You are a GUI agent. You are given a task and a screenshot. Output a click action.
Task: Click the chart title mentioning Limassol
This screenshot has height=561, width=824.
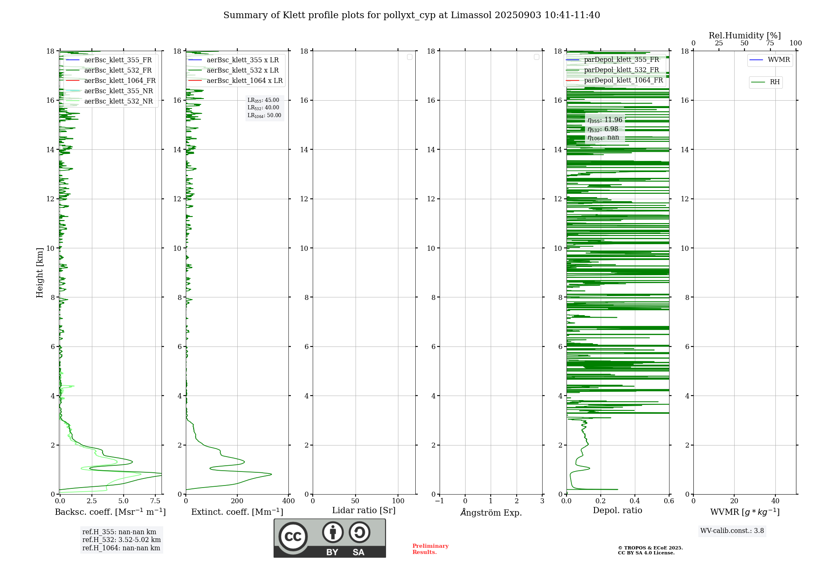[412, 15]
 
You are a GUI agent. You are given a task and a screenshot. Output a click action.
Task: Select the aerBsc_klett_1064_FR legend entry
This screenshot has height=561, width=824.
[119, 80]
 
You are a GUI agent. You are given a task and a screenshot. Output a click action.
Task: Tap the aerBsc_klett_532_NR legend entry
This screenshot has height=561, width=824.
[118, 101]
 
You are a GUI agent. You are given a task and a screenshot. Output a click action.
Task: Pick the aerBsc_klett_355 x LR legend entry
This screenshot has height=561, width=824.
[242, 60]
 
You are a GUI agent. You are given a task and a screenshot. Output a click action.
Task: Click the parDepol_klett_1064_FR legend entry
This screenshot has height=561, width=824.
[623, 80]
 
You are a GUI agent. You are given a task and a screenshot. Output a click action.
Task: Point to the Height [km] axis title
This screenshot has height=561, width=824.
[40, 273]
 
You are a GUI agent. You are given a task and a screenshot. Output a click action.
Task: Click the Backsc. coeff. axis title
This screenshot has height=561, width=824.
[110, 512]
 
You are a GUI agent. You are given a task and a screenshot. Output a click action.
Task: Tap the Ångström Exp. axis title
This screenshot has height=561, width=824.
[491, 512]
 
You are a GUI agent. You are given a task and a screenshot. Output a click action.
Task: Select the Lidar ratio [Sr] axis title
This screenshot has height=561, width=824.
[364, 510]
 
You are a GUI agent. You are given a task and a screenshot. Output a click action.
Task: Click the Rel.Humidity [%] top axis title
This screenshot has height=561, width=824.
[744, 35]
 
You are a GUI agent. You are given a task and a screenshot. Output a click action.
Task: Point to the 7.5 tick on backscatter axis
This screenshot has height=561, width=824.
[155, 501]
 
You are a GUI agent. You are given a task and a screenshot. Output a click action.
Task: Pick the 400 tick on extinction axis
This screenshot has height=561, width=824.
[288, 501]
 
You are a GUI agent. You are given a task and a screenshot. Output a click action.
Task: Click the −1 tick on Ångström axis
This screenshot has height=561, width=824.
[440, 501]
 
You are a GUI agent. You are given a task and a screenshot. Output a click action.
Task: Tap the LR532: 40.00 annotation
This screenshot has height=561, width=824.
[263, 108]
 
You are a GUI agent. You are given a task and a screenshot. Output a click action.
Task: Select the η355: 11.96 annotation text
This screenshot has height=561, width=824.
[605, 120]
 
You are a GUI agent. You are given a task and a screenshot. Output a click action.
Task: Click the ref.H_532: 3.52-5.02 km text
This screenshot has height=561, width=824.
[122, 540]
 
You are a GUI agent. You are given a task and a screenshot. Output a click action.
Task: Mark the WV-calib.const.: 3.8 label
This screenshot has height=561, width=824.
[732, 531]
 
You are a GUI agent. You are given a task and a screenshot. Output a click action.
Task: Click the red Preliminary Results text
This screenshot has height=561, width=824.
[430, 549]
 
